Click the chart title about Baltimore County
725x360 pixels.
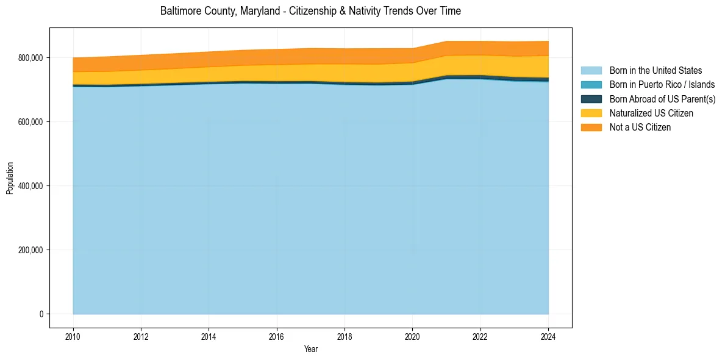310,11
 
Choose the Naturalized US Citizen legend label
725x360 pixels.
651,113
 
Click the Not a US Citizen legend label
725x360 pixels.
640,127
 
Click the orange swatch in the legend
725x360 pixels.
591,127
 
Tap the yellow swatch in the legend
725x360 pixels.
591,113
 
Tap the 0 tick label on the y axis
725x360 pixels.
41,314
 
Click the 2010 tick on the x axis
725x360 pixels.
73,336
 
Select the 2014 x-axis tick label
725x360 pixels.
209,336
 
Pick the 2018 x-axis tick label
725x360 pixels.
345,336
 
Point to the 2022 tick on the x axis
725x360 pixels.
480,336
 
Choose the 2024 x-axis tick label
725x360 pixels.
548,336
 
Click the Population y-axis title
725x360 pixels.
10,178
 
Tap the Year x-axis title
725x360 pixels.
310,350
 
